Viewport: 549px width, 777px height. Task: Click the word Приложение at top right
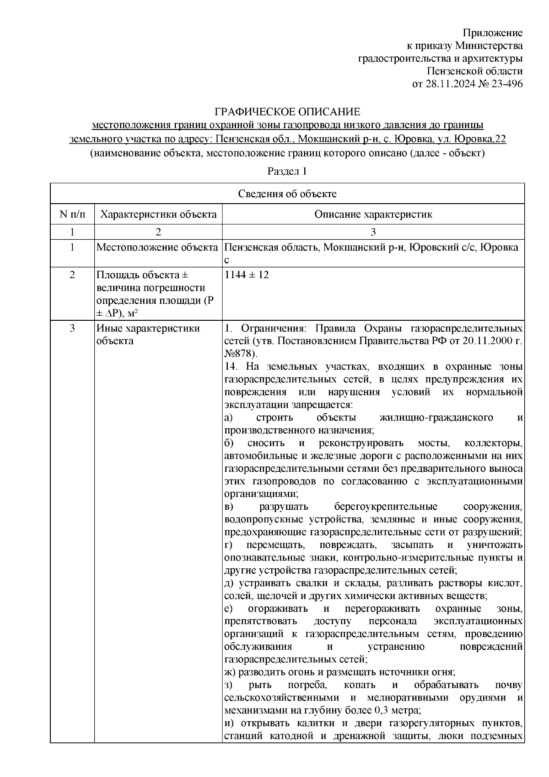(x=493, y=32)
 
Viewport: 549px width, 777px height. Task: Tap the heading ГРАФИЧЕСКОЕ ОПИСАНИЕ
(x=288, y=112)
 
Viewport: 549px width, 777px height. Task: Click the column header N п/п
(x=72, y=214)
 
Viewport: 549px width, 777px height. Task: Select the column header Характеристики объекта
(x=158, y=214)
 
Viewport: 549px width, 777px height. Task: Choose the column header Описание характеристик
(x=373, y=214)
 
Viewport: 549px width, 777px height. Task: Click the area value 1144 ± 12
(x=247, y=275)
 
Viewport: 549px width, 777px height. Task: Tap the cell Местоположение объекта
(x=157, y=248)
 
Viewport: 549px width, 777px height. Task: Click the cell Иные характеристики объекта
(x=148, y=335)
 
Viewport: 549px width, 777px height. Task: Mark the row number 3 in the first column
(x=72, y=329)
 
